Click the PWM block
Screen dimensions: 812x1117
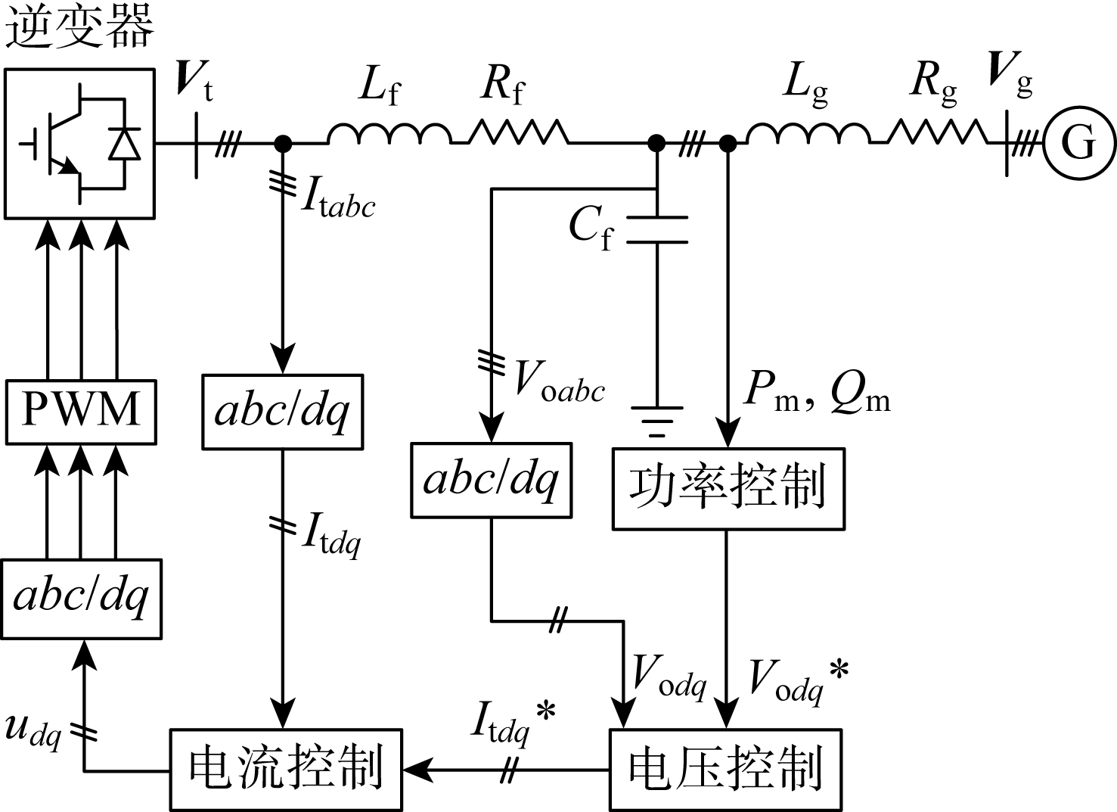click(81, 411)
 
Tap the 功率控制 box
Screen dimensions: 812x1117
click(728, 489)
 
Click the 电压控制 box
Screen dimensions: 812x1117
click(725, 769)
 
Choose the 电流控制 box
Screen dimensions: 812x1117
click(286, 769)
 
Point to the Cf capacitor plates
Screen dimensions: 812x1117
click(657, 230)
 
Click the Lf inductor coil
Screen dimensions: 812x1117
click(389, 134)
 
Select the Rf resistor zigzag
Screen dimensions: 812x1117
click(518, 133)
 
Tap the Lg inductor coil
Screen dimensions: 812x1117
click(808, 134)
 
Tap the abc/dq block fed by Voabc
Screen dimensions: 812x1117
click(491, 481)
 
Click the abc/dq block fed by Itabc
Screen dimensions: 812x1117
click(282, 411)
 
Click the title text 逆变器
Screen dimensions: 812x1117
click(79, 27)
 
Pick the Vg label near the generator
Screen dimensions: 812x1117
click(1010, 76)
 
